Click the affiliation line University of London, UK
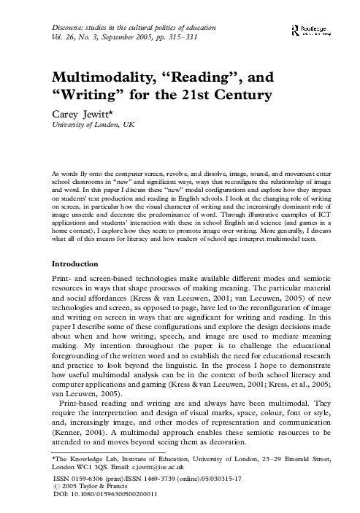[93, 126]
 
